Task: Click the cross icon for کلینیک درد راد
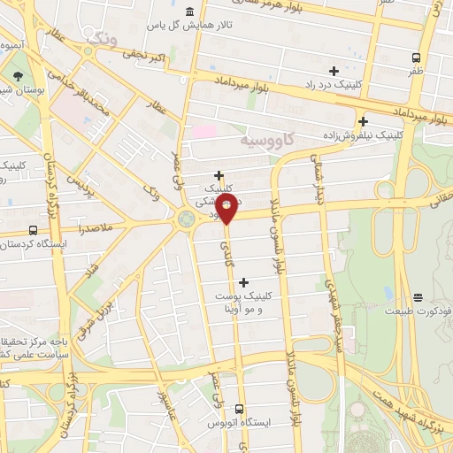[x=334, y=71]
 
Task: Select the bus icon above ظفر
[x=416, y=58]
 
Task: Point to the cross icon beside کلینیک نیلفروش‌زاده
[x=363, y=121]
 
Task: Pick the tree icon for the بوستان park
[x=19, y=75]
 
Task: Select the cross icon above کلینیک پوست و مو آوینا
[x=244, y=282]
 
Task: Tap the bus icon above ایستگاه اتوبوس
[x=239, y=408]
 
